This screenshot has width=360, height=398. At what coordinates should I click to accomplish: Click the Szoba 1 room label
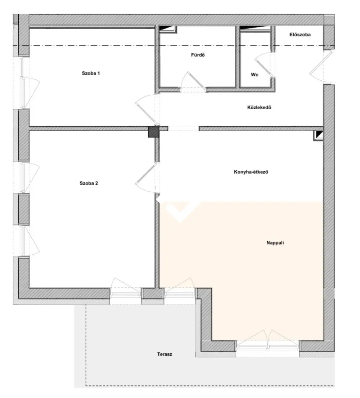click(91, 73)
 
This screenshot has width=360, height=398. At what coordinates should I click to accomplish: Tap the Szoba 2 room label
click(89, 183)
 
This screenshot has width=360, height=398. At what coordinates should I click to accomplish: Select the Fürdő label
click(198, 55)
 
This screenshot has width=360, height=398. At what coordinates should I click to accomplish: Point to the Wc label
click(255, 75)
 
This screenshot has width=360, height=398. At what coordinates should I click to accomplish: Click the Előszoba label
click(300, 35)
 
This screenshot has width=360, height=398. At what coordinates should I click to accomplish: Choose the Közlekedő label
click(259, 107)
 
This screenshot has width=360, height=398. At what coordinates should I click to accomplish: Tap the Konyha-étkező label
click(251, 172)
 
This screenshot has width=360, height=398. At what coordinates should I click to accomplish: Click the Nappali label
click(275, 243)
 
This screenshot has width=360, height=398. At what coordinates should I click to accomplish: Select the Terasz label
click(165, 354)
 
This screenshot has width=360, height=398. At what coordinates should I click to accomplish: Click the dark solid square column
click(153, 132)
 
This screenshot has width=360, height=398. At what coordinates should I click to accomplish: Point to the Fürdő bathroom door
click(193, 82)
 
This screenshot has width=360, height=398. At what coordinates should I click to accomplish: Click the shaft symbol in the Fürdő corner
click(168, 29)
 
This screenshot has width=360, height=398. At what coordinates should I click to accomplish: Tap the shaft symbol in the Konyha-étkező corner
click(318, 135)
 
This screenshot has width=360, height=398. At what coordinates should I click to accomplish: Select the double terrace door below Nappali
click(267, 340)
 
